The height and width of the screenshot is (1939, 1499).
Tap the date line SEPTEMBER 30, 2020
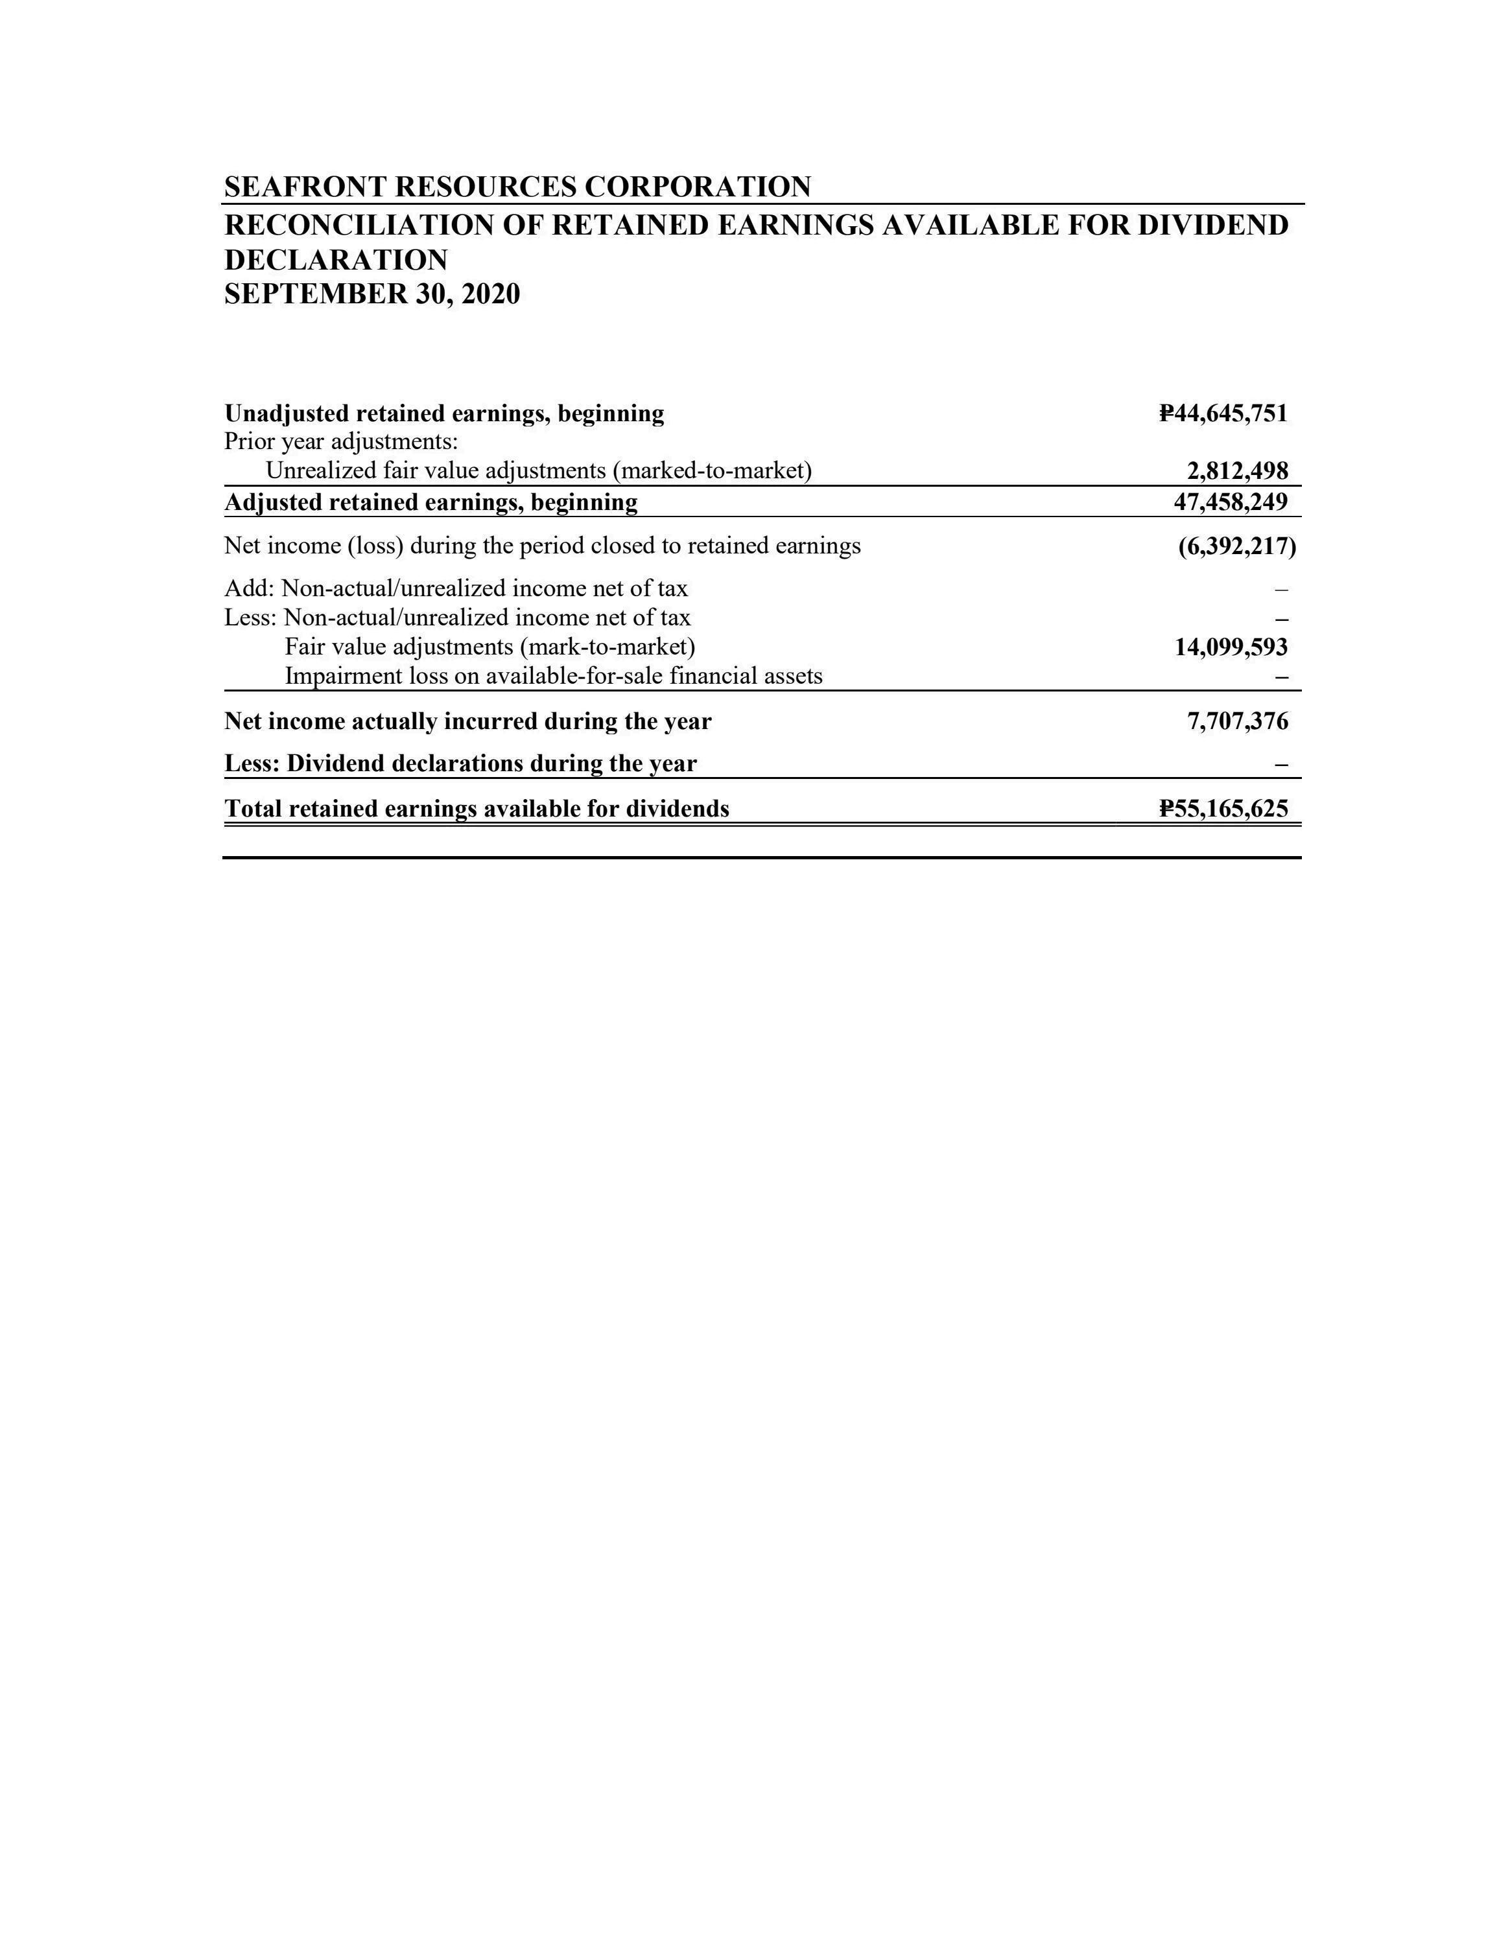[x=372, y=294]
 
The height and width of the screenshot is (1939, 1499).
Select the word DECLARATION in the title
[x=336, y=260]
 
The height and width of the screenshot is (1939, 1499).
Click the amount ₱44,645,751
[x=1223, y=413]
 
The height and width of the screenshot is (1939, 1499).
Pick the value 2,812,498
[x=1237, y=470]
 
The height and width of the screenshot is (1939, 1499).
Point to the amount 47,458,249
[x=1230, y=502]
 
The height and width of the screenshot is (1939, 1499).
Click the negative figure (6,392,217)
[x=1236, y=546]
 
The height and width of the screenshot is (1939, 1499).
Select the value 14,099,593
[x=1230, y=647]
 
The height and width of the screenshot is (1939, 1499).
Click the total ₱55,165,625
[x=1223, y=809]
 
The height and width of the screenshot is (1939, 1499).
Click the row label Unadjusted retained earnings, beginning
[x=444, y=413]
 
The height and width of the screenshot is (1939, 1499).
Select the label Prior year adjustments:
[x=341, y=441]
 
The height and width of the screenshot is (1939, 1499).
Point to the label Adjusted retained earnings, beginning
[x=431, y=502]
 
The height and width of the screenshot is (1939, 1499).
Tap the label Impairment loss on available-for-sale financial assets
[x=553, y=677]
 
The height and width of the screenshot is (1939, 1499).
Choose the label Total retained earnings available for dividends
[x=477, y=809]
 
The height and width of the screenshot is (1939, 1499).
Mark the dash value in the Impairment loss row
[x=1281, y=677]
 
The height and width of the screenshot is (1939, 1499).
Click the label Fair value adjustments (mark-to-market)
[x=490, y=647]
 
